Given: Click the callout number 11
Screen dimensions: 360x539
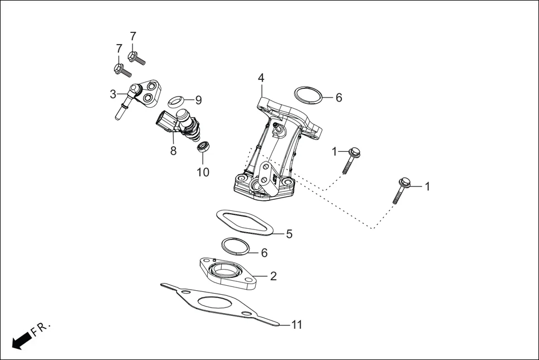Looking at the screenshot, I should coord(297,325).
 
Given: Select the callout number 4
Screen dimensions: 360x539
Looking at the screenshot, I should coord(261,78).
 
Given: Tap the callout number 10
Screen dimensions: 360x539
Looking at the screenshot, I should coord(203,172).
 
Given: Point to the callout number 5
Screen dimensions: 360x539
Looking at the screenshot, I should coord(289,234).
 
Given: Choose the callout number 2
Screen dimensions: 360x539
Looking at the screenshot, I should coord(274,276).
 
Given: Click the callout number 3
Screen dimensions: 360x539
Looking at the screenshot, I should coord(113,94).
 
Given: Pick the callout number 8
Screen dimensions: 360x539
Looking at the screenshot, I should coord(173,151).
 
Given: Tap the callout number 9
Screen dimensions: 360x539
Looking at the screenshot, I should coord(198,100).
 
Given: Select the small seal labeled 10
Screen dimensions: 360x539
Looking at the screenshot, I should coord(203,147).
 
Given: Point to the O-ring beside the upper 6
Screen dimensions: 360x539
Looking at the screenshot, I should coord(308,95).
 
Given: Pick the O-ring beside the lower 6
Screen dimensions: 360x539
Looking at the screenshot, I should coord(236,245).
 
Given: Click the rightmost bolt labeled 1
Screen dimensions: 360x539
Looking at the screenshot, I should coord(403,189).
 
